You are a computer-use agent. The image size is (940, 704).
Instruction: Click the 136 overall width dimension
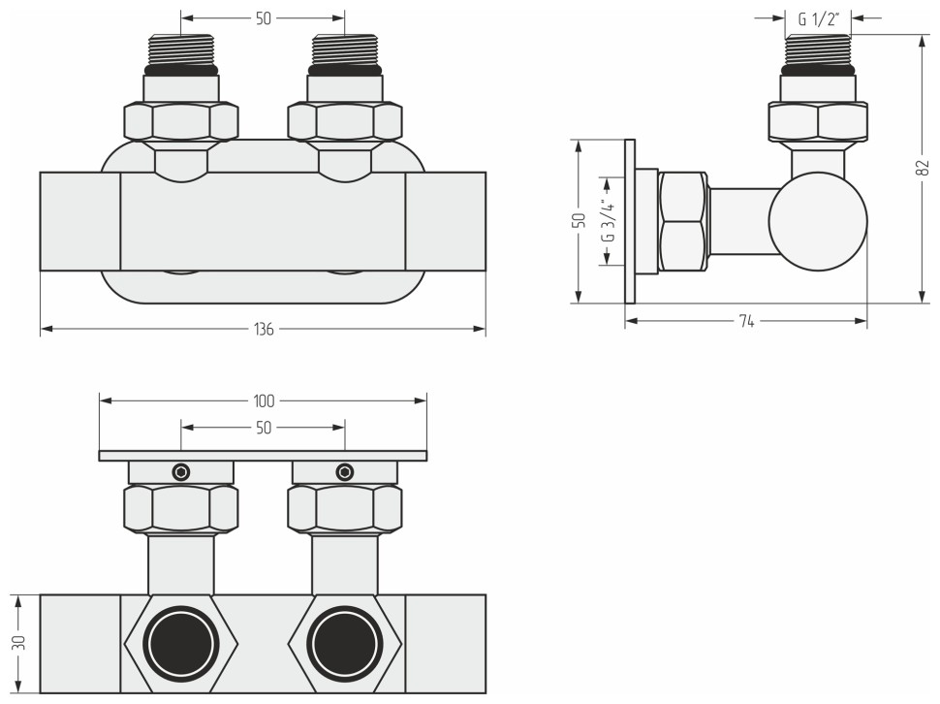pyautogui.click(x=264, y=330)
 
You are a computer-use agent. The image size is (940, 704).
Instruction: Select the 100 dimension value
pyautogui.click(x=264, y=400)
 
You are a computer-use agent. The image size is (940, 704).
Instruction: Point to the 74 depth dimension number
pyautogui.click(x=746, y=321)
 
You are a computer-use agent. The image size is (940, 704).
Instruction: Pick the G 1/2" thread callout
pyautogui.click(x=818, y=17)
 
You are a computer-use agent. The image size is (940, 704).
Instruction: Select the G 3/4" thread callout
pyautogui.click(x=606, y=221)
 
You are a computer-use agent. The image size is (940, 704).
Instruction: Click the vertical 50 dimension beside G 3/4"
pyautogui.click(x=578, y=221)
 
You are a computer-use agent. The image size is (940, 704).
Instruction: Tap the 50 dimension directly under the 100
pyautogui.click(x=264, y=427)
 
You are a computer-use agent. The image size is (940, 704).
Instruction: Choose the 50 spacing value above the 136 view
pyautogui.click(x=264, y=18)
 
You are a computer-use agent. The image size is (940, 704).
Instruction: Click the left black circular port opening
pyautogui.click(x=181, y=643)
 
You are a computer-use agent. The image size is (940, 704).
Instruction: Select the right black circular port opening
pyautogui.click(x=345, y=643)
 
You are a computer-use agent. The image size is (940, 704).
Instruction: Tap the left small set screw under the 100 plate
pyautogui.click(x=181, y=472)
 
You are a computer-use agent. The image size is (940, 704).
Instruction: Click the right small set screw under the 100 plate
pyautogui.click(x=345, y=472)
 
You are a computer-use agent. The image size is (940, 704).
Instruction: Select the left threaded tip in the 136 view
pyautogui.click(x=181, y=50)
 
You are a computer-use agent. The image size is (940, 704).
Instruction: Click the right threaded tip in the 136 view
pyautogui.click(x=345, y=50)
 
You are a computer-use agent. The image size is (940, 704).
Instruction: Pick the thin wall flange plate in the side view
pyautogui.click(x=630, y=221)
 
